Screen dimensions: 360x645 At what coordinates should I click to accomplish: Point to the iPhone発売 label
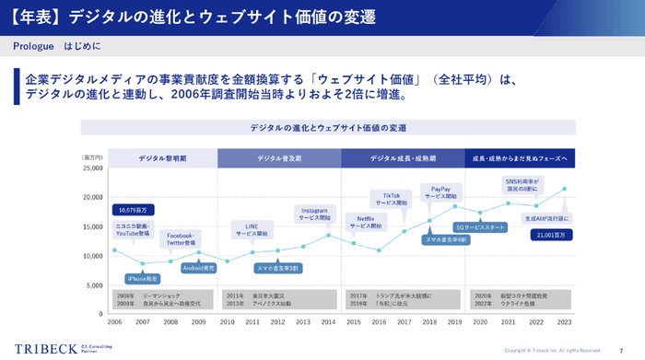point(143,277)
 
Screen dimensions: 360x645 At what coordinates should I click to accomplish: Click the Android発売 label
point(198,268)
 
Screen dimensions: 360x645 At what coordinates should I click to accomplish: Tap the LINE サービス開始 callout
point(251,229)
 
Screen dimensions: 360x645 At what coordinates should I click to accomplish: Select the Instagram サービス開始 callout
point(315,214)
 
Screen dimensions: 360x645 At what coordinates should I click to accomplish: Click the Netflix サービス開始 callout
point(366,221)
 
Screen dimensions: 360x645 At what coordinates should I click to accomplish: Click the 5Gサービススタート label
point(480,226)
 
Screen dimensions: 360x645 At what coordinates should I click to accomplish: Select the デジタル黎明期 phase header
point(162,158)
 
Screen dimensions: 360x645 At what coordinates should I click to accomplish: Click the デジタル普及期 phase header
point(279,158)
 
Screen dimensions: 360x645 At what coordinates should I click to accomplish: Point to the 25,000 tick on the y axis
point(90,168)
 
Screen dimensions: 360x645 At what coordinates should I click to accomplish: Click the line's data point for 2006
point(114,250)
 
